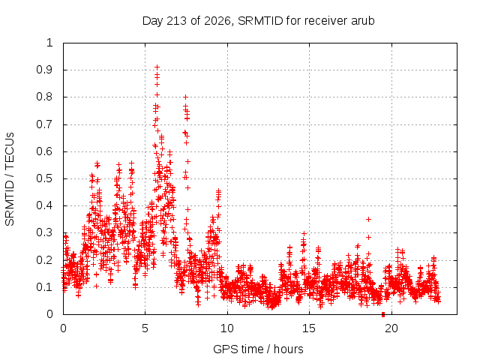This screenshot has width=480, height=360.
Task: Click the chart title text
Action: pyautogui.click(x=258, y=21)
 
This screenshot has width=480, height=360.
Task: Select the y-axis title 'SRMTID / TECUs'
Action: pyautogui.click(x=10, y=179)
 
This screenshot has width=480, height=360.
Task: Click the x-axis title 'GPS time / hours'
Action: pyautogui.click(x=258, y=349)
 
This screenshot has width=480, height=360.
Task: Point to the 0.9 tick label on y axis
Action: pyautogui.click(x=44, y=70)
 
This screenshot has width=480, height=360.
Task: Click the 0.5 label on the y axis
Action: pyautogui.click(x=44, y=178)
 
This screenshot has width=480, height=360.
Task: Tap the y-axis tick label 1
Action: pyautogui.click(x=49, y=43)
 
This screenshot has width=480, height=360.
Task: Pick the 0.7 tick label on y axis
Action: pyautogui.click(x=44, y=124)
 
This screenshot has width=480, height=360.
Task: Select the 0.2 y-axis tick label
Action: pyautogui.click(x=44, y=260)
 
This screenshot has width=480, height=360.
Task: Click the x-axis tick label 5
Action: pyautogui.click(x=145, y=328)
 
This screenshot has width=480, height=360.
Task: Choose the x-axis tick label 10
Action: pyautogui.click(x=226, y=328)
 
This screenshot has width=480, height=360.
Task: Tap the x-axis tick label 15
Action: pyautogui.click(x=309, y=328)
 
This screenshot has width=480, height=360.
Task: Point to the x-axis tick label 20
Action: pyautogui.click(x=391, y=328)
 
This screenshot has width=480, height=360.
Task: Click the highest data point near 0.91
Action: pyautogui.click(x=157, y=67)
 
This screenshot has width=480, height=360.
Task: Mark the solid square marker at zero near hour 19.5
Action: pyautogui.click(x=383, y=314)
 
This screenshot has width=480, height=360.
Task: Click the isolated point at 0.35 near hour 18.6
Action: pyautogui.click(x=368, y=219)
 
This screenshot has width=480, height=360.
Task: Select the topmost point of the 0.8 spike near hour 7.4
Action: pyautogui.click(x=185, y=97)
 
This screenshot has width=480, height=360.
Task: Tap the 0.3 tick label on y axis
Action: pyautogui.click(x=44, y=233)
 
